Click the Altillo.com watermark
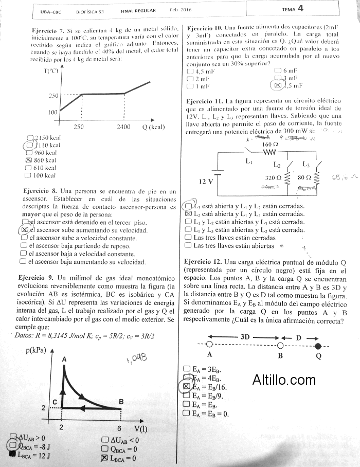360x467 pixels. (x=284, y=380)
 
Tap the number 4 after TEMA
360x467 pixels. (x=300, y=8)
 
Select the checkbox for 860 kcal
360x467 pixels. (x=29, y=160)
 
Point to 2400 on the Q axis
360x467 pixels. (x=123, y=127)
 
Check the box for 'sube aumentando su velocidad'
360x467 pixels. (x=24, y=230)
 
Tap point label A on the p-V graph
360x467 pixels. (x=64, y=360)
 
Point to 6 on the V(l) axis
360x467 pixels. (x=120, y=428)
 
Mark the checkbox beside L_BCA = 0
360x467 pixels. (x=104, y=458)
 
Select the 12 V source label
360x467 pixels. (x=206, y=182)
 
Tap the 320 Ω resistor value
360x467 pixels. (x=273, y=177)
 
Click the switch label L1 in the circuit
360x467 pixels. (x=249, y=161)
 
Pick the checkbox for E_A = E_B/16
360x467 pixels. (x=187, y=386)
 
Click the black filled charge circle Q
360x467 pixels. (x=318, y=345)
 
